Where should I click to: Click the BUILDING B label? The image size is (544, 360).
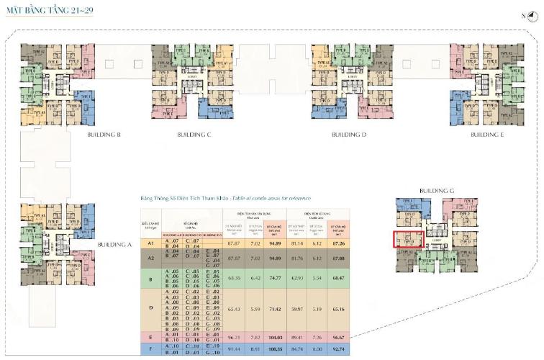(104, 134)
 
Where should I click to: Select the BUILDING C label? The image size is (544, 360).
(194, 134)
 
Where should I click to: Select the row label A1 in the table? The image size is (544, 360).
(151, 244)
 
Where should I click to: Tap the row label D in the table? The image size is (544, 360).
(151, 308)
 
